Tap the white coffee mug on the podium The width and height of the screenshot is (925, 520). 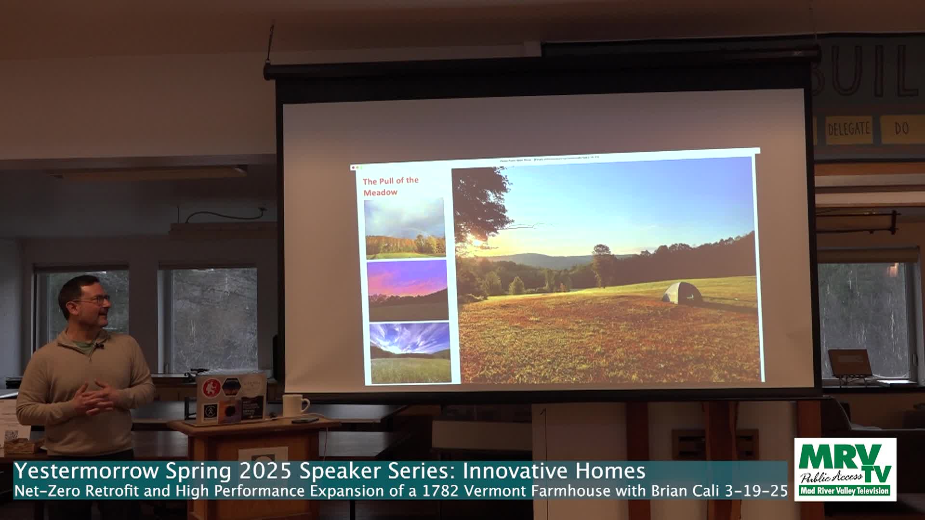click(293, 405)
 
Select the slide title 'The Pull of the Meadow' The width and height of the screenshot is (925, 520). click(390, 186)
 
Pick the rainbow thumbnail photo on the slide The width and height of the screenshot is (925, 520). click(405, 229)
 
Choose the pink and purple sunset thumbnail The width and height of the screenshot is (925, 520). click(408, 290)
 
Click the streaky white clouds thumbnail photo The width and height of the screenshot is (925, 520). click(410, 352)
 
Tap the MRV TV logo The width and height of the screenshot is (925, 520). click(845, 468)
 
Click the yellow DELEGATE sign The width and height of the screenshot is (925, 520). click(848, 129)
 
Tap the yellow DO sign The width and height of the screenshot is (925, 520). click(901, 129)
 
